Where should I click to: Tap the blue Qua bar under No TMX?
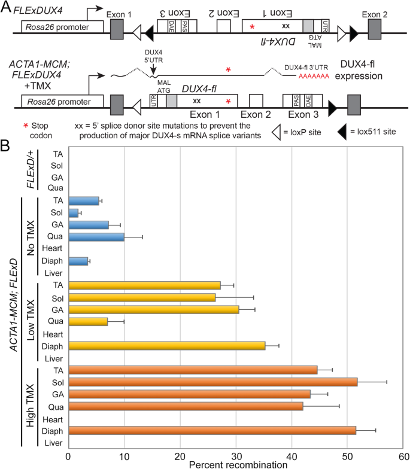tap(96, 236)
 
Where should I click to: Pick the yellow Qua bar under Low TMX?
tap(88, 321)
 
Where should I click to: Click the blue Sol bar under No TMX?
tap(74, 212)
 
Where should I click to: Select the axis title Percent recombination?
tap(236, 464)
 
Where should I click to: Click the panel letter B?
tap(5, 145)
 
